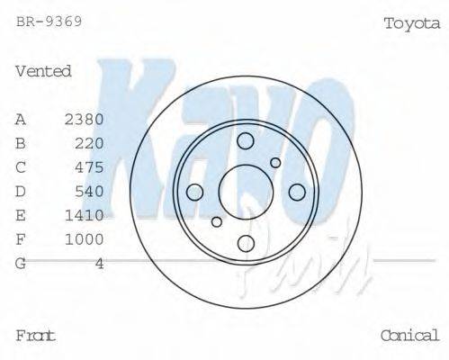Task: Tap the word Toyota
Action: tap(411, 23)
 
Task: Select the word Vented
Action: tap(43, 71)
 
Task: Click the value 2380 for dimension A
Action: tap(85, 119)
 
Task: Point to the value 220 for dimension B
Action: tap(90, 143)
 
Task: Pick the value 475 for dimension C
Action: tap(90, 167)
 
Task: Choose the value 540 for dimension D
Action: tap(90, 191)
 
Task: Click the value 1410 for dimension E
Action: tap(85, 215)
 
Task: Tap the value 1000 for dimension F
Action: tap(85, 239)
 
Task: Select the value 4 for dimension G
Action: tap(100, 264)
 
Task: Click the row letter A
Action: tap(21, 119)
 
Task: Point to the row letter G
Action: tap(21, 264)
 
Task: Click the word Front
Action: tap(36, 336)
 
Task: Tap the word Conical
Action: tap(409, 336)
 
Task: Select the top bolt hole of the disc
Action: tap(246, 140)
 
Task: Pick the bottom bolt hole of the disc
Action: tap(246, 243)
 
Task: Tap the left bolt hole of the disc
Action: tap(194, 192)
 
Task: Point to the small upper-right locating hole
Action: tap(275, 163)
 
